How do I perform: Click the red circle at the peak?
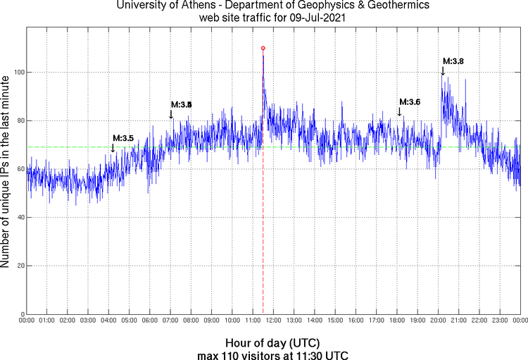(263, 49)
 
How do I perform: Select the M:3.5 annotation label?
(122, 138)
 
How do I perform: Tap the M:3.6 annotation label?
(409, 102)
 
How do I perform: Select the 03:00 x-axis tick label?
(88, 321)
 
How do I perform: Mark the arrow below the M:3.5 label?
(113, 147)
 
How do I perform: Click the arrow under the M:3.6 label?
(399, 111)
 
